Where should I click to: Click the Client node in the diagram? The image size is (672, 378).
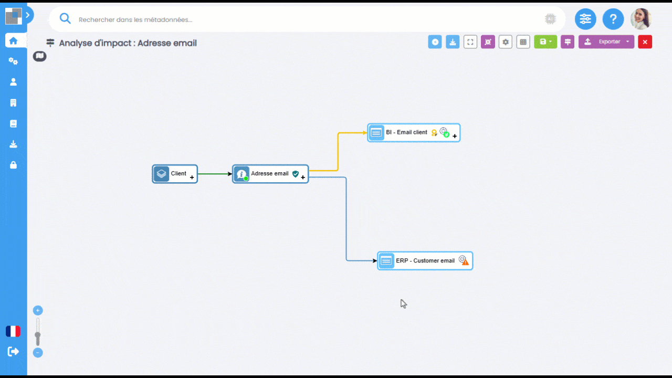[x=175, y=174]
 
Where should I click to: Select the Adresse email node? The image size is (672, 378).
[x=270, y=174]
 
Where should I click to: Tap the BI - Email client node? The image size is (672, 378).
[x=414, y=133]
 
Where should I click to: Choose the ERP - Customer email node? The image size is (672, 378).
[x=425, y=261]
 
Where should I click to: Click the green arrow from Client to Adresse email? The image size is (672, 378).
[x=215, y=174]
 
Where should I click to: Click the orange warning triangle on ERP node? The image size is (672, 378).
[x=465, y=262]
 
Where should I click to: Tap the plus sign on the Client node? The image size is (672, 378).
[x=192, y=177]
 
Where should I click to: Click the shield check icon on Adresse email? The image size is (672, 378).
[x=296, y=174]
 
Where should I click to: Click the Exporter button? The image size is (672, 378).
[x=606, y=41]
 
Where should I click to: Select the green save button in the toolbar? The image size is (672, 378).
[x=545, y=41]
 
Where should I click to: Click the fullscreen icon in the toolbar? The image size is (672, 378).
[x=470, y=42]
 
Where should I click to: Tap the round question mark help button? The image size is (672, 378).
[x=613, y=19]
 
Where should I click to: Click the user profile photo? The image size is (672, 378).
[x=641, y=19]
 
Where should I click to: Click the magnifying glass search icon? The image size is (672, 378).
[x=65, y=18]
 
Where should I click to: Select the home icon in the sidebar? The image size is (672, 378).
[x=13, y=40]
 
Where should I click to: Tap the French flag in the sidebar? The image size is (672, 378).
[x=13, y=331]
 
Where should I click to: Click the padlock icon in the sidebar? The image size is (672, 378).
[x=13, y=165]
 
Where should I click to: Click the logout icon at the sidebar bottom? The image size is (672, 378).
[x=13, y=351]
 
